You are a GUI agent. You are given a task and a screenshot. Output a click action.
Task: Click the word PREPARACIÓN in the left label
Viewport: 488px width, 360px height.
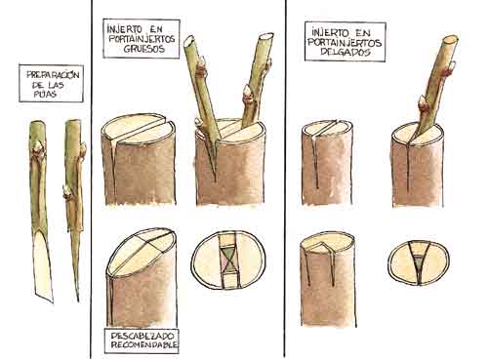pos(53,75)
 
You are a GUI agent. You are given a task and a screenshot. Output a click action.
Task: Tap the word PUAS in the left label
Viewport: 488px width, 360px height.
pos(45,95)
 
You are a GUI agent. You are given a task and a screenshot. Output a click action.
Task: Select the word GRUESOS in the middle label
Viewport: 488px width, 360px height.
pos(144,49)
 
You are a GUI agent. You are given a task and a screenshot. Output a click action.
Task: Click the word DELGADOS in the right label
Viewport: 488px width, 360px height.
pos(346,52)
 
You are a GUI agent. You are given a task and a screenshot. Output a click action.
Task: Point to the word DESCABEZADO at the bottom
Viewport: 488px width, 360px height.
pos(142,336)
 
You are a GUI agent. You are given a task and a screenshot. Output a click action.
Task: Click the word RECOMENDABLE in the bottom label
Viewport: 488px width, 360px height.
pos(143,344)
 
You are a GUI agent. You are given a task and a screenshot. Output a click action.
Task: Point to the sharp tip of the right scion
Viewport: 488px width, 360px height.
pos(78,300)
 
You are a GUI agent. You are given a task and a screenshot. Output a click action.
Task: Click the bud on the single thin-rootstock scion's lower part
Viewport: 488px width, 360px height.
pos(423,104)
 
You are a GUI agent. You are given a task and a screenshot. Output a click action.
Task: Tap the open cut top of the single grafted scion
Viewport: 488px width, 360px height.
pos(450,39)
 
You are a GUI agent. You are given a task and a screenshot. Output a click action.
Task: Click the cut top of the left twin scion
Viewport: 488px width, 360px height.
pos(189,41)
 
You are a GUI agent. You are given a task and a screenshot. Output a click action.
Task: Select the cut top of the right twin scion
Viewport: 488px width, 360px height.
pos(266,36)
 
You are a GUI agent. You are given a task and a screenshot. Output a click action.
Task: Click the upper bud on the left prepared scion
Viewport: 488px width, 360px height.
pos(38,147)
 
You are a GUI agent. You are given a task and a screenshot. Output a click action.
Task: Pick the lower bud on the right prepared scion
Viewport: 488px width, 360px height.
pos(67,192)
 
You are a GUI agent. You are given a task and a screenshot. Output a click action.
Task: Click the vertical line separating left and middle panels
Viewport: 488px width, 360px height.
pos(91,179)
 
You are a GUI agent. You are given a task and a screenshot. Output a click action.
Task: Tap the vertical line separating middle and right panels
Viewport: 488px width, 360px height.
pos(285,179)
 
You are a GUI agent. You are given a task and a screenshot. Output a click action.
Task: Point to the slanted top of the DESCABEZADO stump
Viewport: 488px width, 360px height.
pos(142,251)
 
